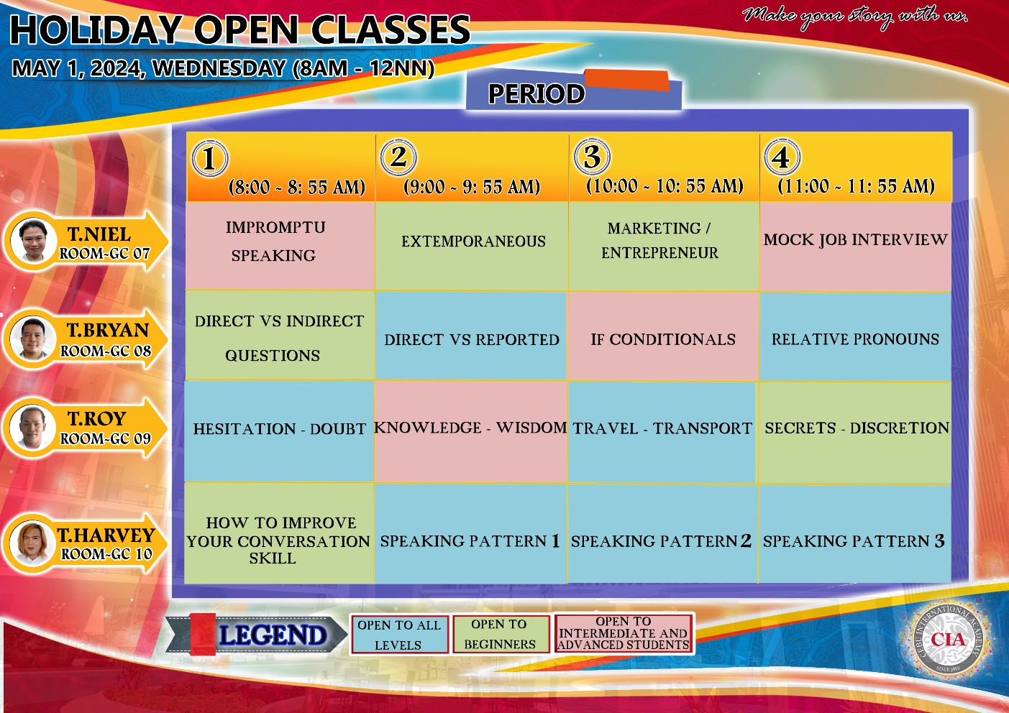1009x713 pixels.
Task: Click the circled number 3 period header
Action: [592, 157]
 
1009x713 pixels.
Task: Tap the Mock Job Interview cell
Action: [855, 247]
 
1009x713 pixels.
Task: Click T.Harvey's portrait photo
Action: [32, 543]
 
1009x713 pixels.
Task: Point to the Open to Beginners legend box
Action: [501, 634]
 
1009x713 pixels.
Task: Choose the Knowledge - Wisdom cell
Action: [471, 432]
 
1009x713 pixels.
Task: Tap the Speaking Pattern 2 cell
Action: [662, 534]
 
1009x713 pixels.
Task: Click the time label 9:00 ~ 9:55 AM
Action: [472, 187]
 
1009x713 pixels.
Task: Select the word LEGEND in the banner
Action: [273, 635]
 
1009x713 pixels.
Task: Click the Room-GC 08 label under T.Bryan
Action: [106, 351]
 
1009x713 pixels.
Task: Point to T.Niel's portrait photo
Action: [33, 241]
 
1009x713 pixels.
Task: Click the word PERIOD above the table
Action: [537, 93]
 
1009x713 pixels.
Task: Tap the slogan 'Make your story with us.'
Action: [854, 17]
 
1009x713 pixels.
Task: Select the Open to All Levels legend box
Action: [399, 634]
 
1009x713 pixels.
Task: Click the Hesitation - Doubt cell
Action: [279, 432]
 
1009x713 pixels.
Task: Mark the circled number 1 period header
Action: [209, 158]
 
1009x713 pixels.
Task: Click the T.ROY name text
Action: [97, 418]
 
